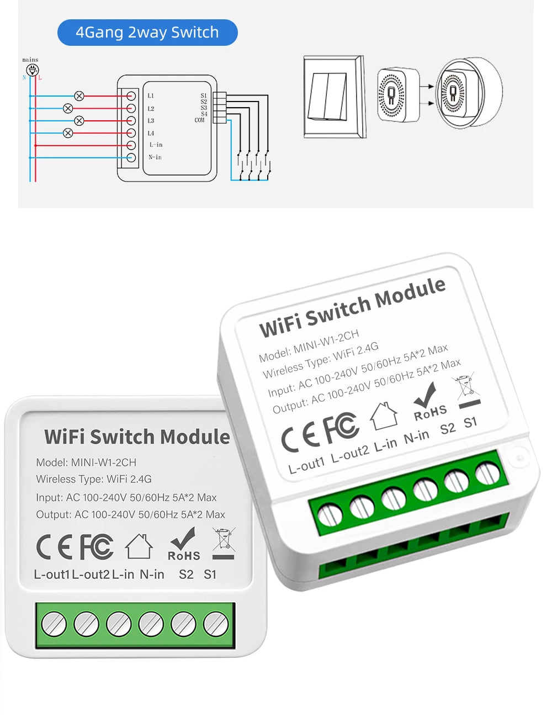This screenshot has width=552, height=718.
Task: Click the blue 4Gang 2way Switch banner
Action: click(147, 33)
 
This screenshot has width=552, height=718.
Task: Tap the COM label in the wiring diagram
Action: click(199, 120)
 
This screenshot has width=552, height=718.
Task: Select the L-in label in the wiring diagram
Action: click(156, 145)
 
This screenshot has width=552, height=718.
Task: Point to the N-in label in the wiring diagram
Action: click(155, 157)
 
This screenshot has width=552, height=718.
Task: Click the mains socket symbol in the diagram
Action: click(33, 70)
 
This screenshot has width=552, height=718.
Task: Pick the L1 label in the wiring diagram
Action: click(151, 96)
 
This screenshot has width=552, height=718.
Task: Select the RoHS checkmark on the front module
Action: click(184, 544)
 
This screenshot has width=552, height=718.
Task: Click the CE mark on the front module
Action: click(54, 546)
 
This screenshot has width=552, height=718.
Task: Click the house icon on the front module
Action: click(139, 546)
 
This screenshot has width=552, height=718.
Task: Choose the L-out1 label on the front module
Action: click(52, 575)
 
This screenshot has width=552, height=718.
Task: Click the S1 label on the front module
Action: click(210, 575)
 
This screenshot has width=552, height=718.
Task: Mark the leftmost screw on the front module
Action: click(54, 625)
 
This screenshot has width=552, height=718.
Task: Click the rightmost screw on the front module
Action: click(216, 625)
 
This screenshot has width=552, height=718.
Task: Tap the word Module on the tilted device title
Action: click(410, 293)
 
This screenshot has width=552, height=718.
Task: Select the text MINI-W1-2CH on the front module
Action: click(104, 462)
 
